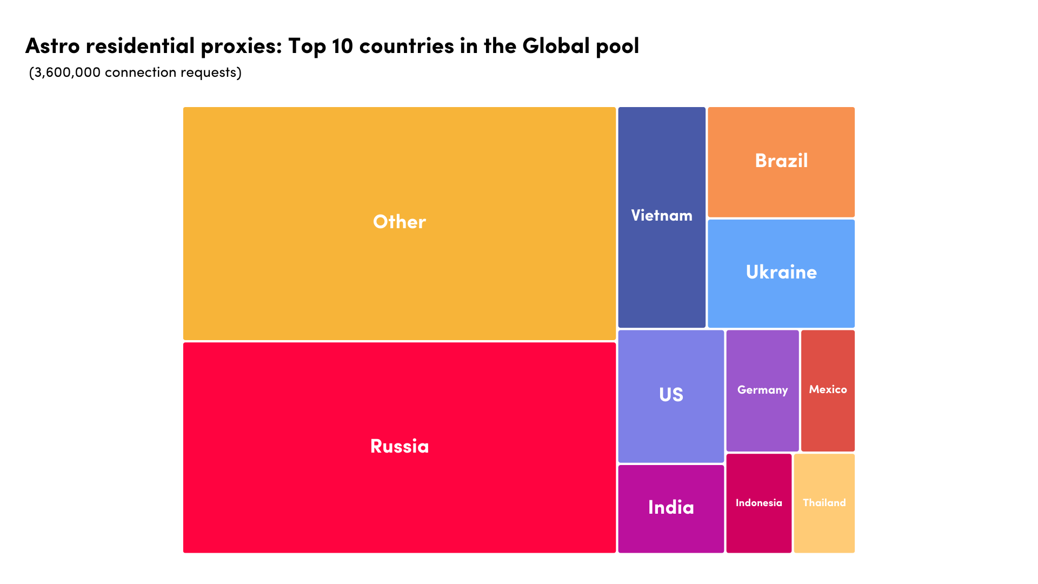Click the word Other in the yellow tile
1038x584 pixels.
tap(400, 222)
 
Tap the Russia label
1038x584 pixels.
tap(400, 446)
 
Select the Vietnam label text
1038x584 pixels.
tap(662, 215)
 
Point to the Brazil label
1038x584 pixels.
tap(781, 161)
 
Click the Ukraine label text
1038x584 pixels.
tap(781, 272)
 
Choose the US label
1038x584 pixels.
tap(671, 395)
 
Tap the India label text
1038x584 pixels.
tap(671, 507)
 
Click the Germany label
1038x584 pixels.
tap(762, 390)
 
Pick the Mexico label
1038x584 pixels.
tap(828, 389)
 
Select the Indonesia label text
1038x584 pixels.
tap(758, 503)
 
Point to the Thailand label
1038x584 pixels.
tap(824, 503)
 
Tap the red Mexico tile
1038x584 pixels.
tap(828, 422)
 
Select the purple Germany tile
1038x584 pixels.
tap(762, 422)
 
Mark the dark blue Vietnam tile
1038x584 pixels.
tap(662, 270)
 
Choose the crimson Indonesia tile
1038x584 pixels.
tap(758, 530)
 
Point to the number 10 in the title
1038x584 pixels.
tap(342, 46)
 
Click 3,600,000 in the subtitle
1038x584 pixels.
tap(67, 72)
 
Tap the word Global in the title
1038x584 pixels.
tap(556, 46)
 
